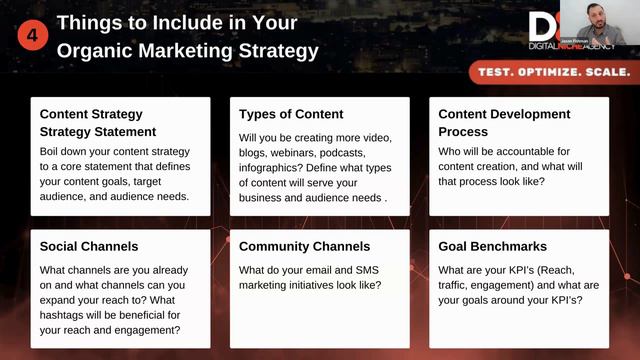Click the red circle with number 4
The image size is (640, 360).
[x=32, y=35]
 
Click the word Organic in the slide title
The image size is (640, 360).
[x=91, y=49]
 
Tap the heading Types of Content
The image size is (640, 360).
[x=291, y=114]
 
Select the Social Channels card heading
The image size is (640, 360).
[x=88, y=246]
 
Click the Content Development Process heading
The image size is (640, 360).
[x=504, y=122]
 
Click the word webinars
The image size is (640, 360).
[x=306, y=152]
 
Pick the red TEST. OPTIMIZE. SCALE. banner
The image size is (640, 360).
[x=551, y=72]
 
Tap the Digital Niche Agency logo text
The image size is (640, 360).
[x=573, y=45]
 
